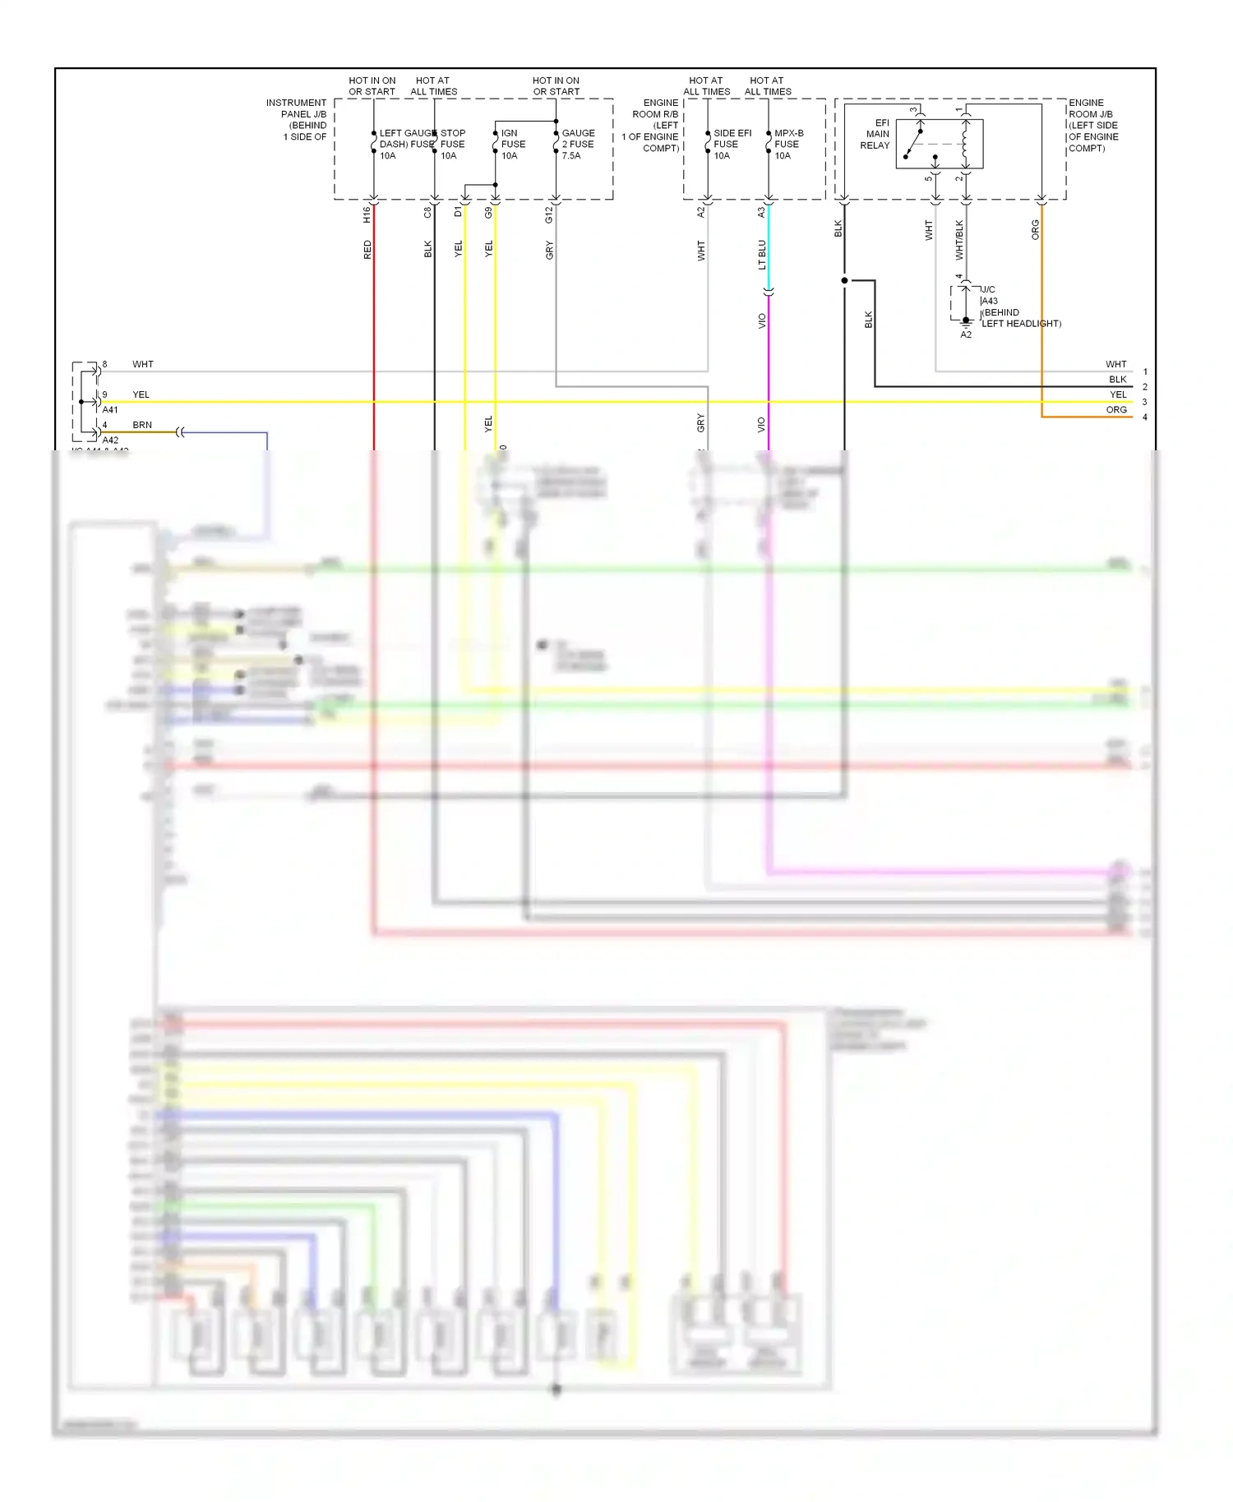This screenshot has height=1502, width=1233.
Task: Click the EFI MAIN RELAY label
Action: click(876, 134)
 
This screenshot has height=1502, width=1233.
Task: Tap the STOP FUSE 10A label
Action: click(452, 144)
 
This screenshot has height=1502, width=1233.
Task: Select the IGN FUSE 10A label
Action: click(513, 144)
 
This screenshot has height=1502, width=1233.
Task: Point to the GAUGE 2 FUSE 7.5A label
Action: click(578, 144)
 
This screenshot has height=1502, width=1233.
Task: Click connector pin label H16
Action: click(367, 214)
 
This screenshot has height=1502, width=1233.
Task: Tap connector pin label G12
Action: click(549, 214)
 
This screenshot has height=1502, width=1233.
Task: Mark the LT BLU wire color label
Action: click(762, 255)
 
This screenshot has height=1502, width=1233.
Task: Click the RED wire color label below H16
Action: click(367, 250)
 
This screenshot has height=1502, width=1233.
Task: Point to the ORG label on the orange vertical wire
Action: click(1035, 230)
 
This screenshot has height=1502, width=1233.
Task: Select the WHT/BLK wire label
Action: click(959, 240)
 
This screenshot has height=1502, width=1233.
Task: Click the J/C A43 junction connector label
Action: click(989, 296)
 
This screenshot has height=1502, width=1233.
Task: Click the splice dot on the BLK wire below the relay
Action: click(844, 280)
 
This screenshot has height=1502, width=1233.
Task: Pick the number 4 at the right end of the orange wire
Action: click(1144, 417)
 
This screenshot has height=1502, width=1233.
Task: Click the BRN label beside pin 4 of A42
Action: click(142, 425)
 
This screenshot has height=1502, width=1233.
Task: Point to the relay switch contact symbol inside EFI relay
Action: click(913, 143)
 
